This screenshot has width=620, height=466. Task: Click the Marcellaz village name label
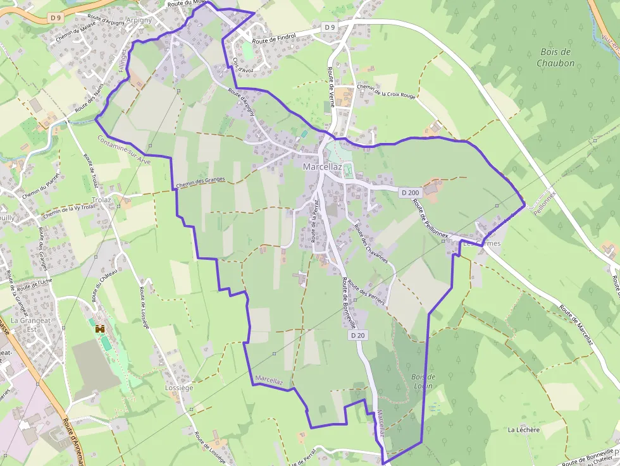coord(322,167)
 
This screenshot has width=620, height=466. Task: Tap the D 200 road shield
coord(410,192)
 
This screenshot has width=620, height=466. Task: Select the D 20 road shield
coord(357,335)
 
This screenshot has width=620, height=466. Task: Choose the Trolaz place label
coord(101,200)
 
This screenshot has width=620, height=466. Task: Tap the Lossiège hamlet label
coord(178,388)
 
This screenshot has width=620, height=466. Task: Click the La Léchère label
coord(524,430)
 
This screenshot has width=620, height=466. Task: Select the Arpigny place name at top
coord(139,20)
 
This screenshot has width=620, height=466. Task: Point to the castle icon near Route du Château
coord(99,329)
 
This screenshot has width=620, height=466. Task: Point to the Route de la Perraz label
coord(313,223)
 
